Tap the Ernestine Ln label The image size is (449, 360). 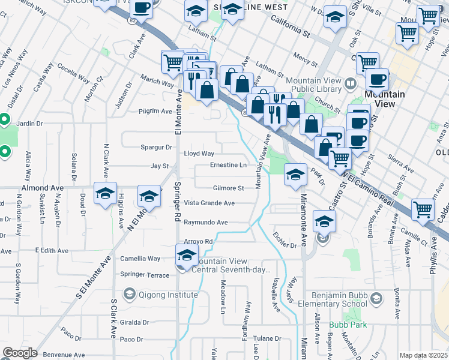228,165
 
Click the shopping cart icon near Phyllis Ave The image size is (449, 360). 423,209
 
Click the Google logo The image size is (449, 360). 20,353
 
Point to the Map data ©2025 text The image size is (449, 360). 424,355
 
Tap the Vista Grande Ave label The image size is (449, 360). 209,203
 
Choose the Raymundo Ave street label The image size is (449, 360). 205,223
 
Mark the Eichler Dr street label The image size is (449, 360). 285,245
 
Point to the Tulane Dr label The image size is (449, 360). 267,338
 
